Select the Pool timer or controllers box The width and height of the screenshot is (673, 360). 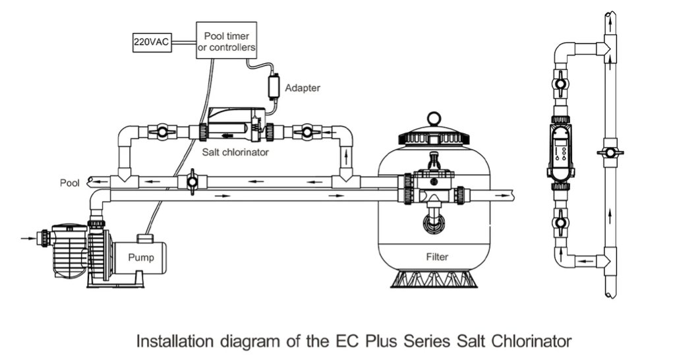(226, 41)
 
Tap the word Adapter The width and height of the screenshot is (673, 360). (302, 87)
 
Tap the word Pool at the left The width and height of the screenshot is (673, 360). (70, 182)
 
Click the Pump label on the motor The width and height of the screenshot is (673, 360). (141, 257)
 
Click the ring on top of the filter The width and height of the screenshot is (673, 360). (434, 119)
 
